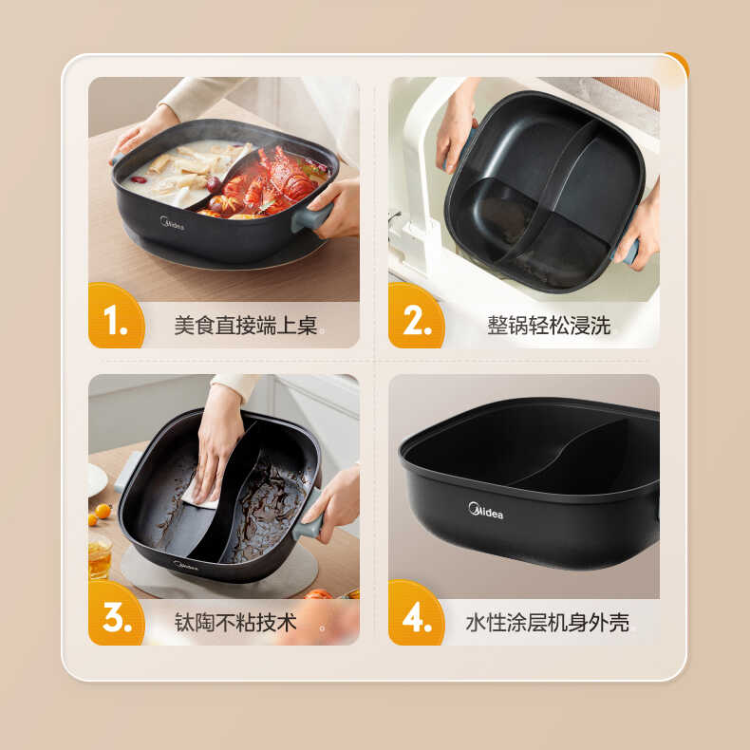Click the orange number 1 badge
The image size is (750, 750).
(x=116, y=321)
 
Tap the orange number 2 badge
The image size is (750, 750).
(x=416, y=321)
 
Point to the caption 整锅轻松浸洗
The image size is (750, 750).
(x=549, y=326)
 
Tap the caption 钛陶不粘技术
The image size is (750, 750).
(x=235, y=623)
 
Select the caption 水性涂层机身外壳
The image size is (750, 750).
(x=547, y=623)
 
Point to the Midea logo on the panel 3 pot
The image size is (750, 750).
(x=186, y=564)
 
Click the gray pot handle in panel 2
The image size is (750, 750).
(x=629, y=252)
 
